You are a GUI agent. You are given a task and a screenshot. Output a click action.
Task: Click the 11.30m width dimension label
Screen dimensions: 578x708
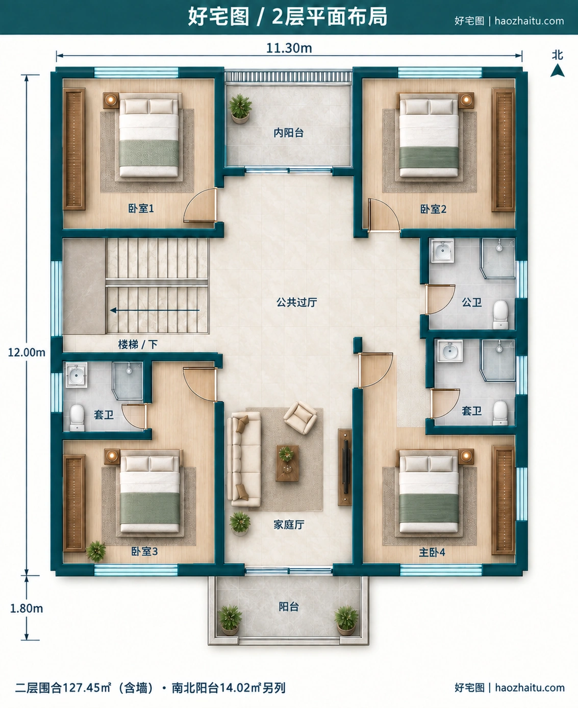[289, 48]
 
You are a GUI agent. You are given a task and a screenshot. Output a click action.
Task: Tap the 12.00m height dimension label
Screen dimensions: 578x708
[27, 352]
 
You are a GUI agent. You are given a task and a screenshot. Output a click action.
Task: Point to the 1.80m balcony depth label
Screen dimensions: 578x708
[27, 609]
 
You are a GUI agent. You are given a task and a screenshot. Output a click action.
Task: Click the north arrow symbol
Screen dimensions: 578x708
[557, 70]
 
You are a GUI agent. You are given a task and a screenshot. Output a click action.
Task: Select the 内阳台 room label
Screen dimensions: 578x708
[289, 133]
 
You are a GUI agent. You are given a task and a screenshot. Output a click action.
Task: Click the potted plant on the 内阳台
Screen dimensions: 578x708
[240, 108]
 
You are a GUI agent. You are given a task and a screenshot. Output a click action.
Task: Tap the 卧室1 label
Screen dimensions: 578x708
[141, 209]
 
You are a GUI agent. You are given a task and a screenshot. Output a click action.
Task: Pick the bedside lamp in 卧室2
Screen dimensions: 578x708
[466, 100]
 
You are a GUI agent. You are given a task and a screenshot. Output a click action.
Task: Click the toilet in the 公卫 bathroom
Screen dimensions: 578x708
[500, 315]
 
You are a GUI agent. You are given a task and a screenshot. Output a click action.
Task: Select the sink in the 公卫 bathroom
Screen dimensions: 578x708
[442, 250]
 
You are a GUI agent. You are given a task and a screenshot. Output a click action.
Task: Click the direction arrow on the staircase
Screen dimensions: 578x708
[155, 310]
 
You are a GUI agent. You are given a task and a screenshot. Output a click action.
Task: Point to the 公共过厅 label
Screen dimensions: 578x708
[296, 302]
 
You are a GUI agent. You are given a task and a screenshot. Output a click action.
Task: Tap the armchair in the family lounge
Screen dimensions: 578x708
[300, 418]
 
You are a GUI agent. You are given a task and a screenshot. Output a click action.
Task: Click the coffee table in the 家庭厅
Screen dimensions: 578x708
[287, 463]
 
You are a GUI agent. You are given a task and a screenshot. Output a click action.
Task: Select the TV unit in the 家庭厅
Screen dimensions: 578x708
[345, 467]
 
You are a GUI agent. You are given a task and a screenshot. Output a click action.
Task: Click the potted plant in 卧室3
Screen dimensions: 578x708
[96, 551]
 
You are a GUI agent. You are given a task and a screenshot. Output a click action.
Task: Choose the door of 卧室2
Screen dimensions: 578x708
[384, 215]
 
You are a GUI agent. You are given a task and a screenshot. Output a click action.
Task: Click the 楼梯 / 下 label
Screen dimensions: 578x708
[138, 344]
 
